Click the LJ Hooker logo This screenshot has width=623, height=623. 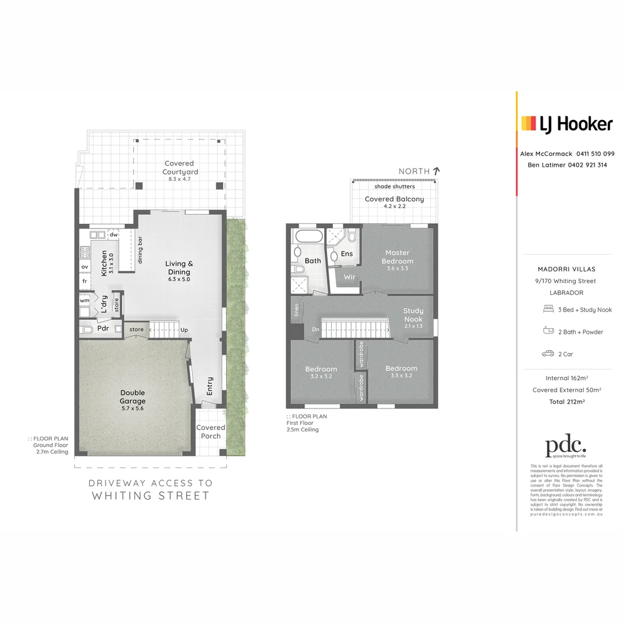tap(566, 124)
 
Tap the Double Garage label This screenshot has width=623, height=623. tap(133, 397)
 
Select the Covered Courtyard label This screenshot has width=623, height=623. tap(179, 168)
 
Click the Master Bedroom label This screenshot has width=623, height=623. tap(397, 257)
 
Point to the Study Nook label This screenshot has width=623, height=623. tap(412, 315)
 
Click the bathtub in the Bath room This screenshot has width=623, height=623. tap(307, 237)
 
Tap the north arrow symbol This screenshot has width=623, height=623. tap(437, 171)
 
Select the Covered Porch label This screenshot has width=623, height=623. tap(211, 431)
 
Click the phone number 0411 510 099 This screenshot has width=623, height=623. tap(595, 154)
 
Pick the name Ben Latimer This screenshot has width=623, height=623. tap(546, 165)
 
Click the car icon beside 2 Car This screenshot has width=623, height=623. tap(548, 354)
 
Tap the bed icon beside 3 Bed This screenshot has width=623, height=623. tap(548, 310)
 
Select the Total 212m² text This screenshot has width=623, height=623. tap(566, 401)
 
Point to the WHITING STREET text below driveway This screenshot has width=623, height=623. tap(151, 496)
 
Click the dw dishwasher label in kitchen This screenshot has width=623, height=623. tap(114, 235)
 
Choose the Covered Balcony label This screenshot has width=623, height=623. tap(394, 199)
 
